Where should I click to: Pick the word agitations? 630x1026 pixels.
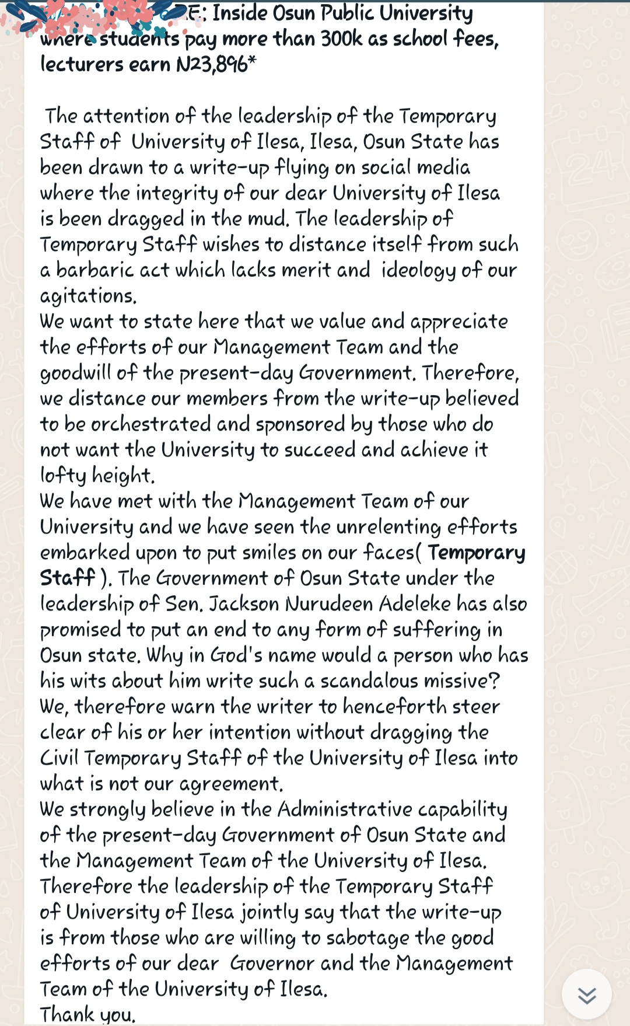pos(88,296)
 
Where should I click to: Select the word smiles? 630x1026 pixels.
pos(269,553)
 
